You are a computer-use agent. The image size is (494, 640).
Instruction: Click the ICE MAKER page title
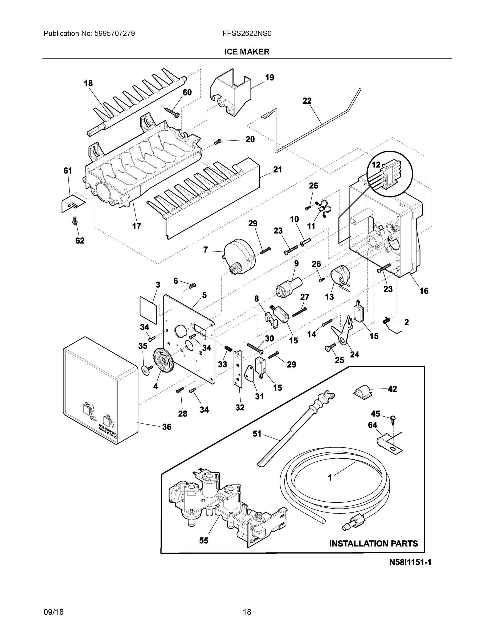point(246,52)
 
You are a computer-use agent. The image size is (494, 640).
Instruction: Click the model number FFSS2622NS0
point(247,34)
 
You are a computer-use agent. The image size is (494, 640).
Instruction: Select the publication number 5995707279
point(115,34)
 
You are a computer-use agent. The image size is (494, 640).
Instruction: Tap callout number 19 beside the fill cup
point(270,78)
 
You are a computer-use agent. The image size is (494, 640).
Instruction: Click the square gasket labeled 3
point(148,310)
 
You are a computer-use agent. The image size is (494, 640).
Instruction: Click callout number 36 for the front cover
point(166,427)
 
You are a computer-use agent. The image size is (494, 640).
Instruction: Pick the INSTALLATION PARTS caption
point(373,543)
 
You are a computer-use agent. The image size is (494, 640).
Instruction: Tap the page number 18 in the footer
point(247,612)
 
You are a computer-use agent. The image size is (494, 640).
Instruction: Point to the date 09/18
point(54,612)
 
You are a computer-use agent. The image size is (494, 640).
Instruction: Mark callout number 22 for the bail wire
point(307,101)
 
